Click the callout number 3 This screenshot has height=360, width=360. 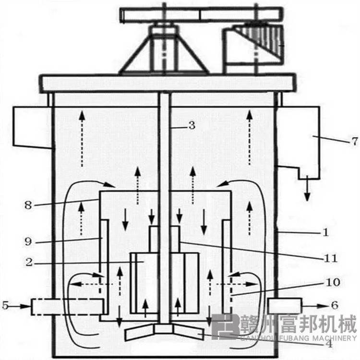[191, 126]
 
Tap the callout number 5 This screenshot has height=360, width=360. [6, 304]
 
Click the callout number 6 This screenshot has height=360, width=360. [335, 305]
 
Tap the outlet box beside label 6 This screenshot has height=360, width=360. [285, 305]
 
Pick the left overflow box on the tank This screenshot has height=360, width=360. [33, 126]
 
